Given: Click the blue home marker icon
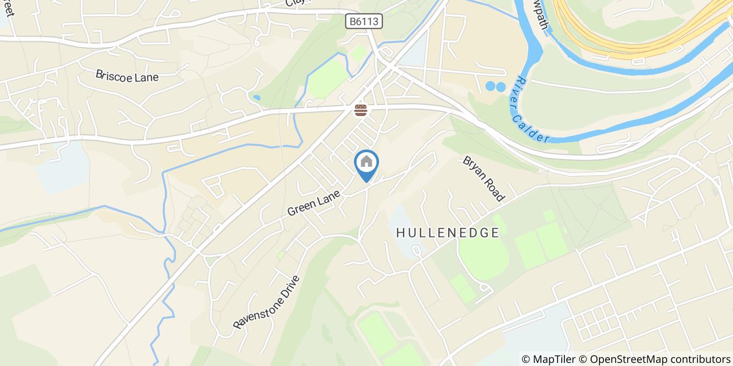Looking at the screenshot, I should [367, 163].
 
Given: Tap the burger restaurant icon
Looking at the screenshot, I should [360, 110].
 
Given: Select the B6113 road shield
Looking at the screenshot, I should [364, 21].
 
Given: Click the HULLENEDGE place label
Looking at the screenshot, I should [448, 233].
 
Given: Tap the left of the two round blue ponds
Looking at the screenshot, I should [491, 86].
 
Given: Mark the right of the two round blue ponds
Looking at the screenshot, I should [501, 86].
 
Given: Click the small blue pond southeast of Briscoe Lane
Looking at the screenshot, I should [256, 98].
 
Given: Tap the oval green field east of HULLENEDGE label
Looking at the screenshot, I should [483, 256].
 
